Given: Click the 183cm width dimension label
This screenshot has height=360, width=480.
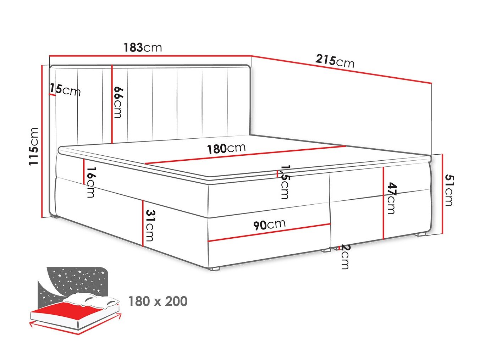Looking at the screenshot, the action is coord(143,48).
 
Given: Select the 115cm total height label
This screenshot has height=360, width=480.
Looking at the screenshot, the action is coord(34,146).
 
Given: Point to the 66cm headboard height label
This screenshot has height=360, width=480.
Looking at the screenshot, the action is coord(117,103).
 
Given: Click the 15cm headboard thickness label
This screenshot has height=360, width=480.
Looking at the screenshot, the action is coord(65,90).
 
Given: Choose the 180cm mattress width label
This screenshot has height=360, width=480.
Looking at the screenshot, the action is coord(226,148).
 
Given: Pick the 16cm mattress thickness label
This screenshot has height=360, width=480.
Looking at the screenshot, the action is coord(91,182).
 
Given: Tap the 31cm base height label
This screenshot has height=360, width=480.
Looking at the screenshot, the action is coord(150,225).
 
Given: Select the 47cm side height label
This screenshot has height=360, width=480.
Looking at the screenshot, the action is coord(392,198).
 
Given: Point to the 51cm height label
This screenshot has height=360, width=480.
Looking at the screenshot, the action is coord(449,190).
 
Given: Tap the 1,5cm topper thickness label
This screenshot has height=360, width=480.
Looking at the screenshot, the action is coord(285,182).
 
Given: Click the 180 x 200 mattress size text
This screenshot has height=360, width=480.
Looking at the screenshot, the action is coord(158,301).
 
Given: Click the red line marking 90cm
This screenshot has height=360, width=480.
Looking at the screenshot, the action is coord(269,232).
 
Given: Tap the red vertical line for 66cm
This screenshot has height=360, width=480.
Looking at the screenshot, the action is coord(112,104).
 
